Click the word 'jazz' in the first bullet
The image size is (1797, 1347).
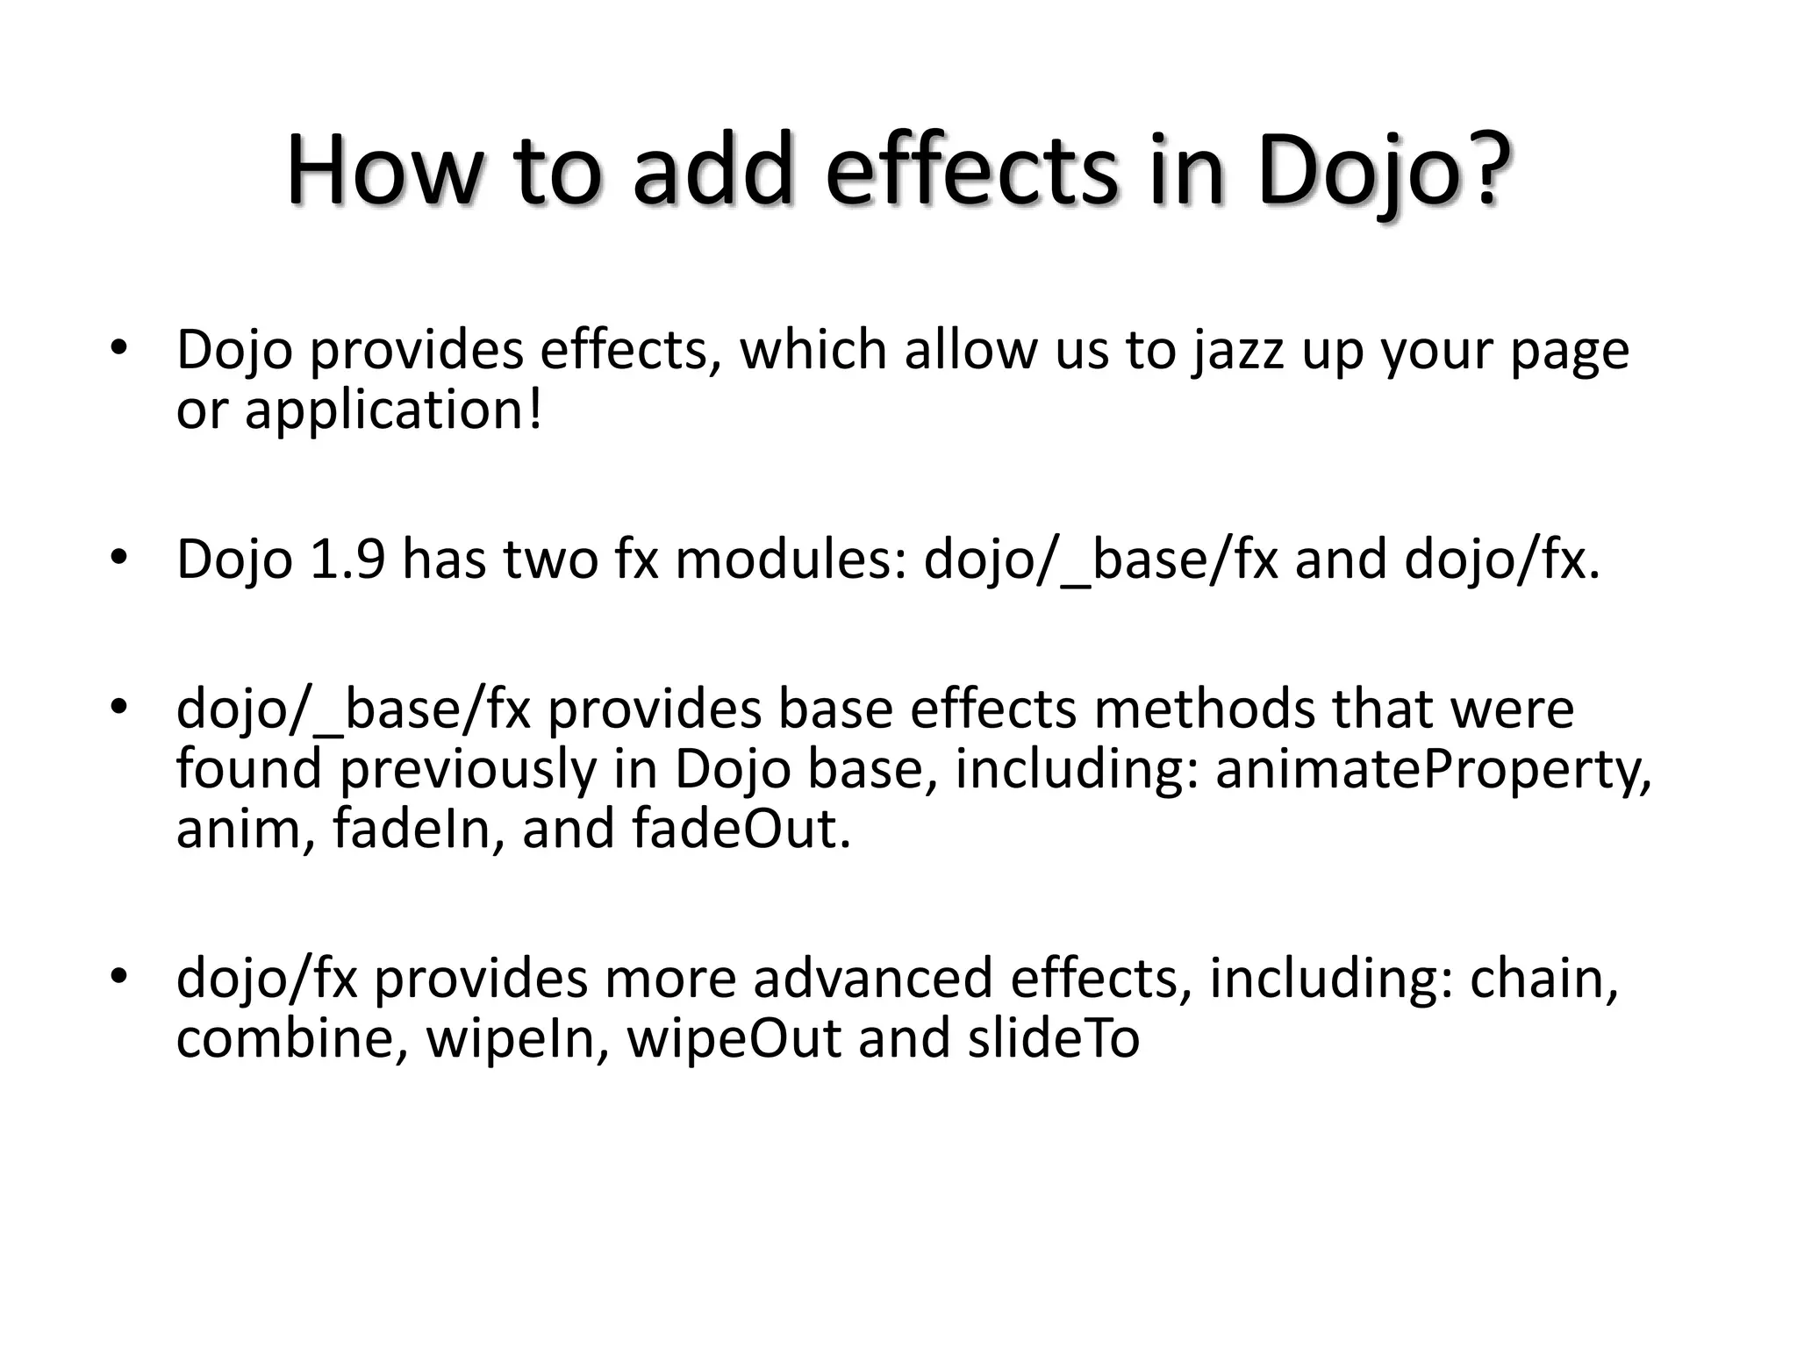click(x=1237, y=351)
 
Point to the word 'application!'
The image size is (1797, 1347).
click(x=393, y=410)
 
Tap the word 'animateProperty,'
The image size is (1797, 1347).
click(x=1433, y=769)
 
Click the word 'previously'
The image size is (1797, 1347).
click(x=468, y=769)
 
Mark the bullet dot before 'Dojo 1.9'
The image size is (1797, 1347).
click(x=120, y=558)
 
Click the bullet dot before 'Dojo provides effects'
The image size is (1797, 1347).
click(x=120, y=348)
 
